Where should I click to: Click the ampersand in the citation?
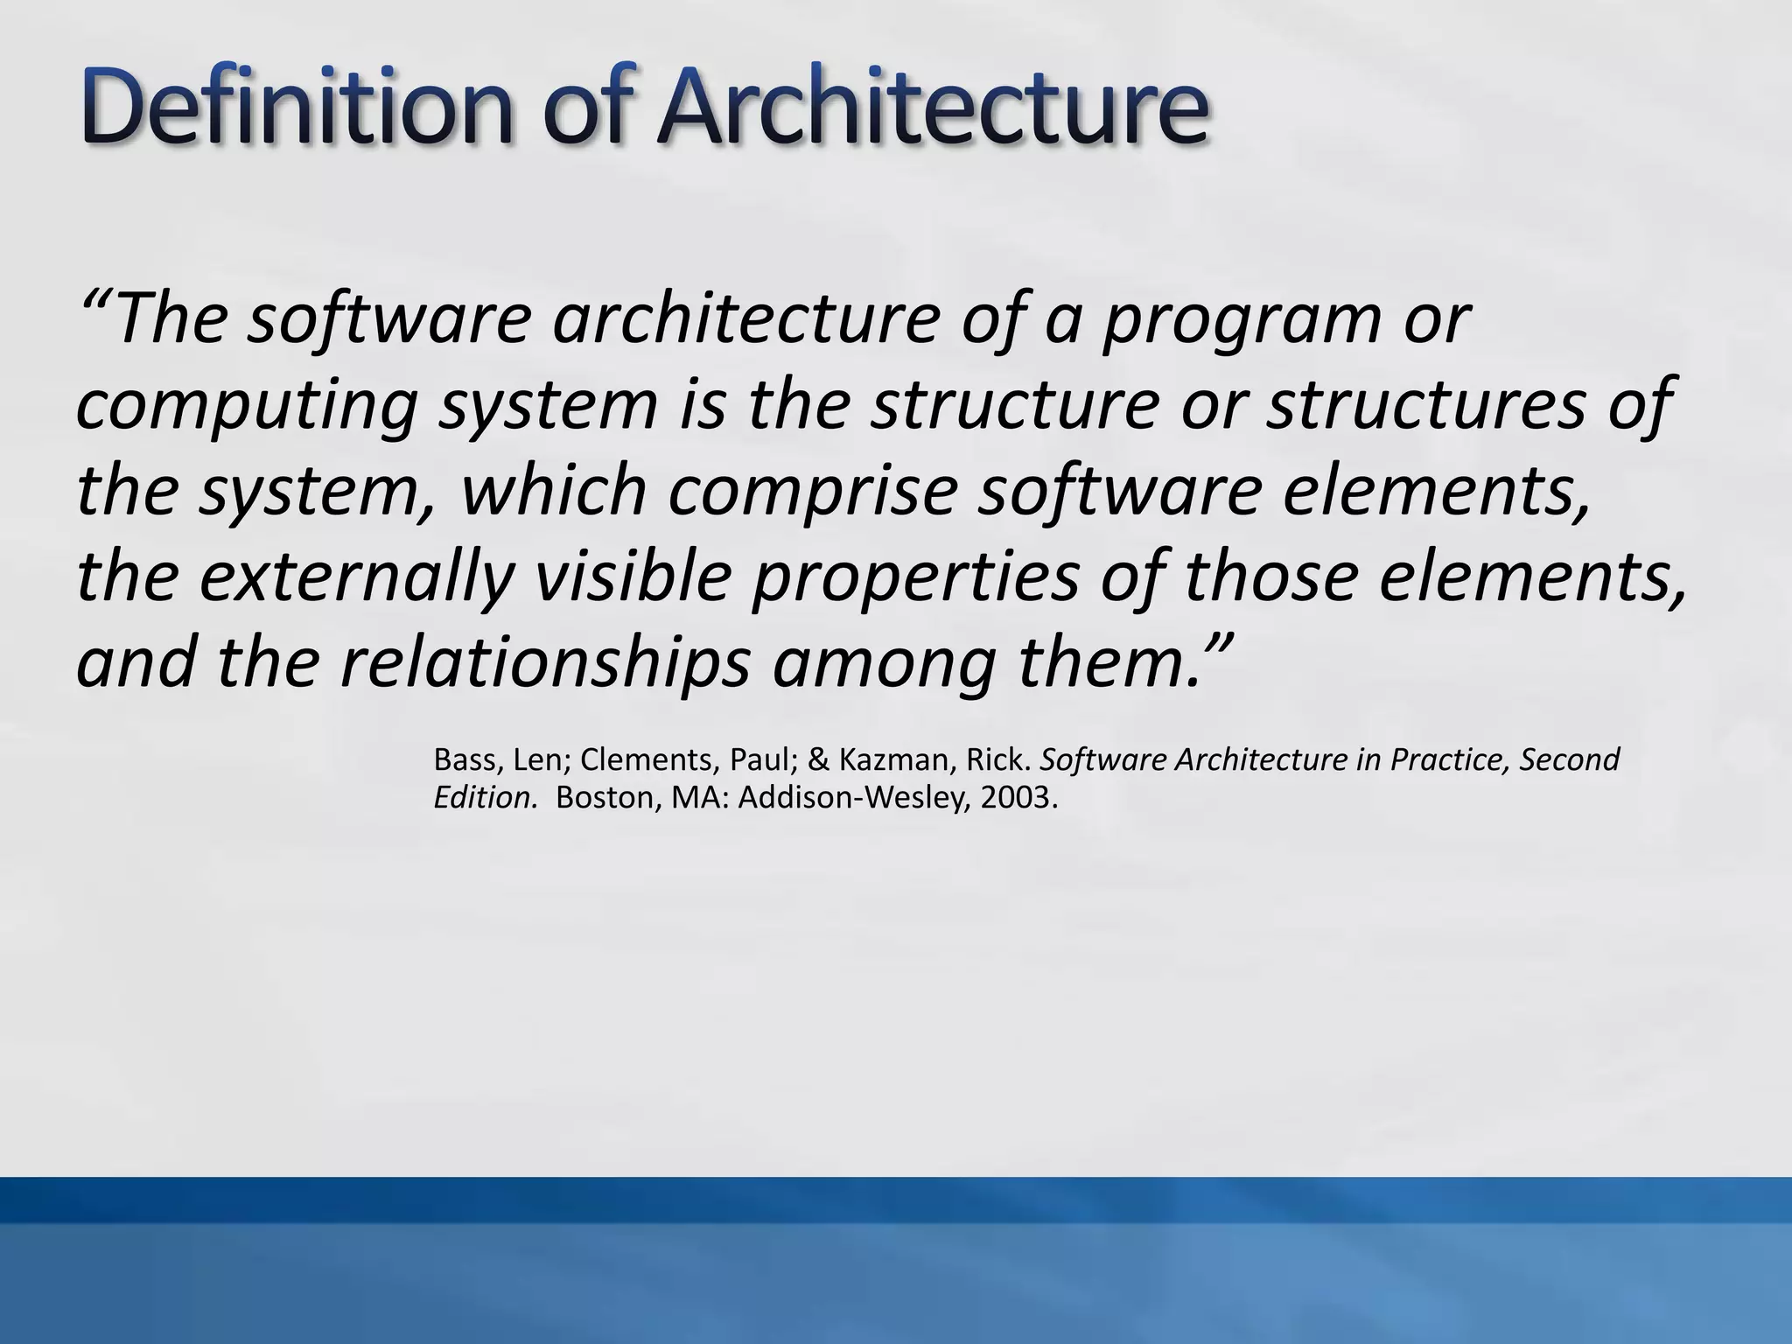pos(818,759)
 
